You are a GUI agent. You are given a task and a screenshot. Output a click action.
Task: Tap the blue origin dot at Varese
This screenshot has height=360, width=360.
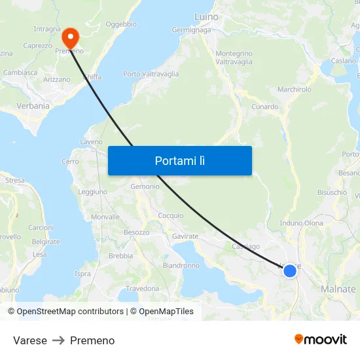pos(289,270)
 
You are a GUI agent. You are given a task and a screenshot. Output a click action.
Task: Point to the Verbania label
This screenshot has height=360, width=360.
pos(33,105)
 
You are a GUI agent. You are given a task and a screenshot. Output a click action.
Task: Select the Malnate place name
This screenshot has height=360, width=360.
pos(338,289)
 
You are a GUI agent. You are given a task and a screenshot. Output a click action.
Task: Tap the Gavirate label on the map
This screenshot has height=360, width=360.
pos(185,236)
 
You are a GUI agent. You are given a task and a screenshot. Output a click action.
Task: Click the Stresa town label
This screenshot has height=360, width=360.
pos(14,180)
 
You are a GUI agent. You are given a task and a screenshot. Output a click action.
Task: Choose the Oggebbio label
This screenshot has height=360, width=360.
pos(121,24)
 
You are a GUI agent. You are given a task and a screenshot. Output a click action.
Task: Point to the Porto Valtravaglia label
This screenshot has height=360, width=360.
pos(151,74)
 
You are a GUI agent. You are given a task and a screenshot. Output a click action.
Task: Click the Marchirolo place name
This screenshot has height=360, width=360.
pos(295,89)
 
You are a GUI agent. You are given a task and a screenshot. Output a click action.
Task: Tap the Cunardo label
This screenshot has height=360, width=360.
pos(264,107)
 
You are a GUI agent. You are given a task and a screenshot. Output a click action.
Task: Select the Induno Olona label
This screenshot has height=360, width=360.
pos(302,223)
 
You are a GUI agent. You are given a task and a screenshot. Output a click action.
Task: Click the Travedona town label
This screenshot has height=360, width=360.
pos(143,288)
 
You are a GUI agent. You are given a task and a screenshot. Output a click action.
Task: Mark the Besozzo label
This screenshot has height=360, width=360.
pos(137,232)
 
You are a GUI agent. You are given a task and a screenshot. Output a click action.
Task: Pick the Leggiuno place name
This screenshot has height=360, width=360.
pos(93,192)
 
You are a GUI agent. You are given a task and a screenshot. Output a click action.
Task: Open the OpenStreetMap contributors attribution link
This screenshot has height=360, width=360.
pos(70,312)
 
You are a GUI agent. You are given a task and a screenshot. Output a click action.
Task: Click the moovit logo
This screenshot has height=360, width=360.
pos(321,339)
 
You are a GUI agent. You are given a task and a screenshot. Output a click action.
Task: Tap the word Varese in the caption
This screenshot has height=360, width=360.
pos(30,340)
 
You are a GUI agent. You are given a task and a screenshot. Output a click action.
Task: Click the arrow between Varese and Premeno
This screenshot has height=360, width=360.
pos(58,340)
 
